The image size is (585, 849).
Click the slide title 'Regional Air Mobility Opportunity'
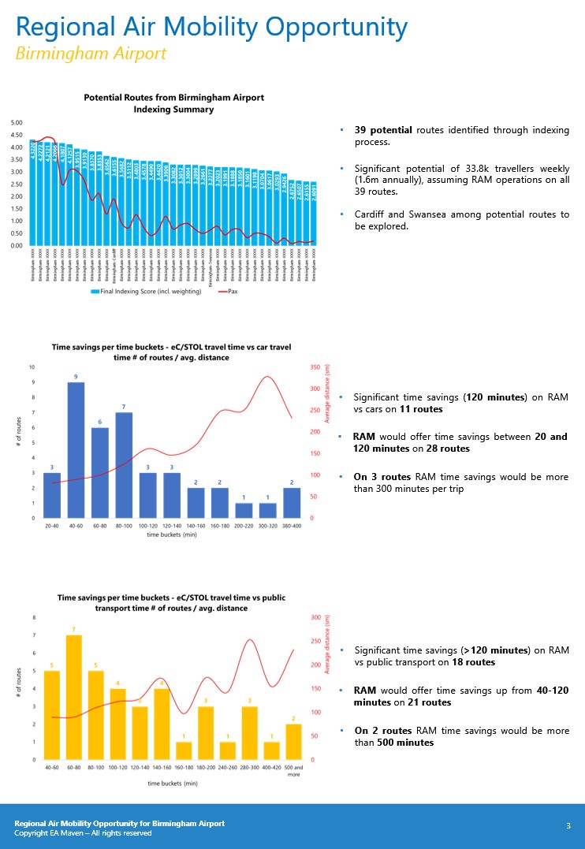click(x=212, y=28)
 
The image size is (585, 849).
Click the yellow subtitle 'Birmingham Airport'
click(x=91, y=54)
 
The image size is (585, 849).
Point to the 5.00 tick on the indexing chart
click(x=17, y=122)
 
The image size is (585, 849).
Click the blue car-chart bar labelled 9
click(x=76, y=449)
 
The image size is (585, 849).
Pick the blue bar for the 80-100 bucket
click(x=123, y=465)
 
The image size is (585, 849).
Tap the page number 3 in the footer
click(x=568, y=825)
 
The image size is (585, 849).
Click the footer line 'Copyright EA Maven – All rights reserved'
click(x=83, y=832)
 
